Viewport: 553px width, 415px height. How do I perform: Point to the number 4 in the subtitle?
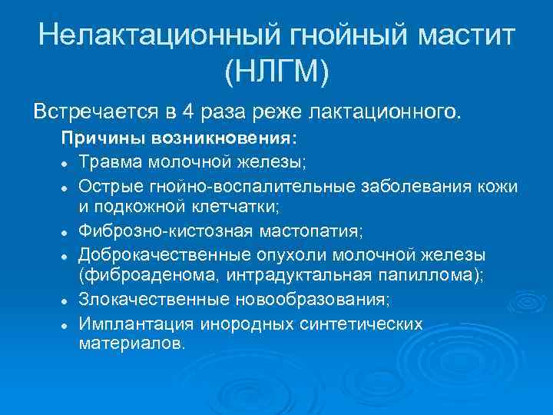coord(188,112)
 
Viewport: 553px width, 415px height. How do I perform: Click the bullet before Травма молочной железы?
coord(68,164)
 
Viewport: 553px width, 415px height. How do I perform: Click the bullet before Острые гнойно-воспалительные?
coord(68,187)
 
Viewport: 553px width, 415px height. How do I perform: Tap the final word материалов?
coord(131,344)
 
